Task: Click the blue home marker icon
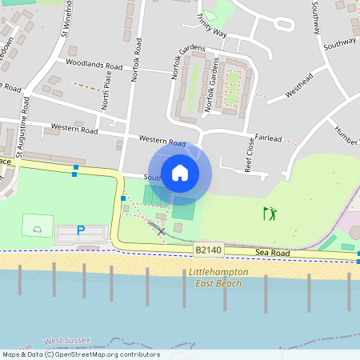pyautogui.click(x=180, y=172)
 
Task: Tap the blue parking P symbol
pyautogui.click(x=80, y=230)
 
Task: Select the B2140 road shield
pyautogui.click(x=206, y=250)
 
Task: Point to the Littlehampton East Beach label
pyautogui.click(x=219, y=277)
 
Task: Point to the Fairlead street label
pyautogui.click(x=268, y=138)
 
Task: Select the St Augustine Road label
pyautogui.click(x=22, y=132)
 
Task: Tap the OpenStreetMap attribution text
pyautogui.click(x=80, y=354)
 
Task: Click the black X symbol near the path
pyautogui.click(x=162, y=231)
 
